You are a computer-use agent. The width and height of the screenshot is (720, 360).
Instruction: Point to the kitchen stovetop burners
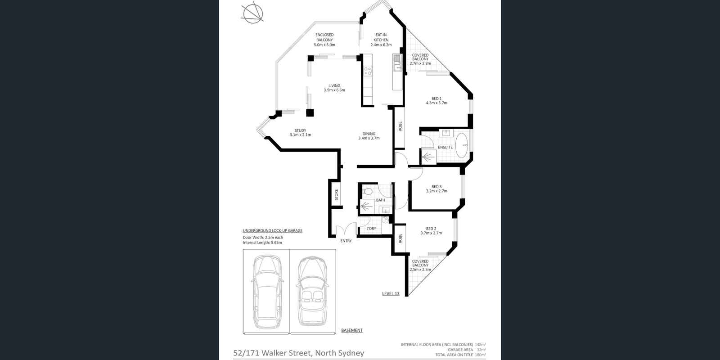(368, 71)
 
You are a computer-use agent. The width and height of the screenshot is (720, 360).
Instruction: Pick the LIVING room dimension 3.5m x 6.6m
(334, 90)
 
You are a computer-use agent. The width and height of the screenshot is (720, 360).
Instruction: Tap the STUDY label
(300, 130)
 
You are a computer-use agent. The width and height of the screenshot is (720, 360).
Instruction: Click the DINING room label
(369, 134)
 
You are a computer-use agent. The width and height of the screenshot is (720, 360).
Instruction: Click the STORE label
(336, 194)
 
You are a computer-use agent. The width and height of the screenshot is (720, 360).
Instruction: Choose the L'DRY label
(371, 229)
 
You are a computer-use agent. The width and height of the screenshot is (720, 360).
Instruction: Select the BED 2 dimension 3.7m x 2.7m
(431, 233)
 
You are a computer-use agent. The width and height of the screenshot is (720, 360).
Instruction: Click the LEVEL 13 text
(391, 294)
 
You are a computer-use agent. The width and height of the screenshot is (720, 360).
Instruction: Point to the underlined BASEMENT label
(352, 330)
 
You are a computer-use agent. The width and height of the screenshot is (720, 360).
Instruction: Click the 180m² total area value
(481, 355)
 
